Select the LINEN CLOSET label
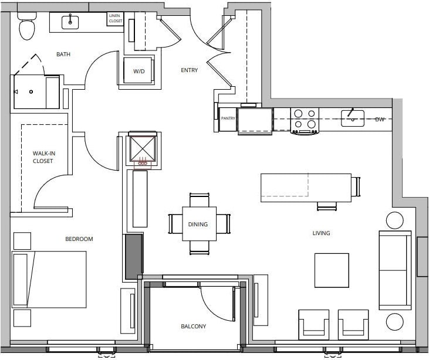pos(115,19)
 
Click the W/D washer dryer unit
pos(139,72)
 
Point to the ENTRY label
pos(189,70)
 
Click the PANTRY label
pos(228,118)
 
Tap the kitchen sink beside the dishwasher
pos(352,118)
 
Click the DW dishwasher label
pos(380,119)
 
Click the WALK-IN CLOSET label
pos(43,157)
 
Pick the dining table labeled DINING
pos(198,223)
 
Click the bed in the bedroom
pos(49,280)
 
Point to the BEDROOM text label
pos(79,239)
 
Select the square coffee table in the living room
pos(332,270)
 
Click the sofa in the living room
pos(394,270)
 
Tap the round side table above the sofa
pos(395,220)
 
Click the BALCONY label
pos(193,327)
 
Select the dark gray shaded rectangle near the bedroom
pos(133,256)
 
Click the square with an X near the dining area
pos(143,148)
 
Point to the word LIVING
pos(321,233)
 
